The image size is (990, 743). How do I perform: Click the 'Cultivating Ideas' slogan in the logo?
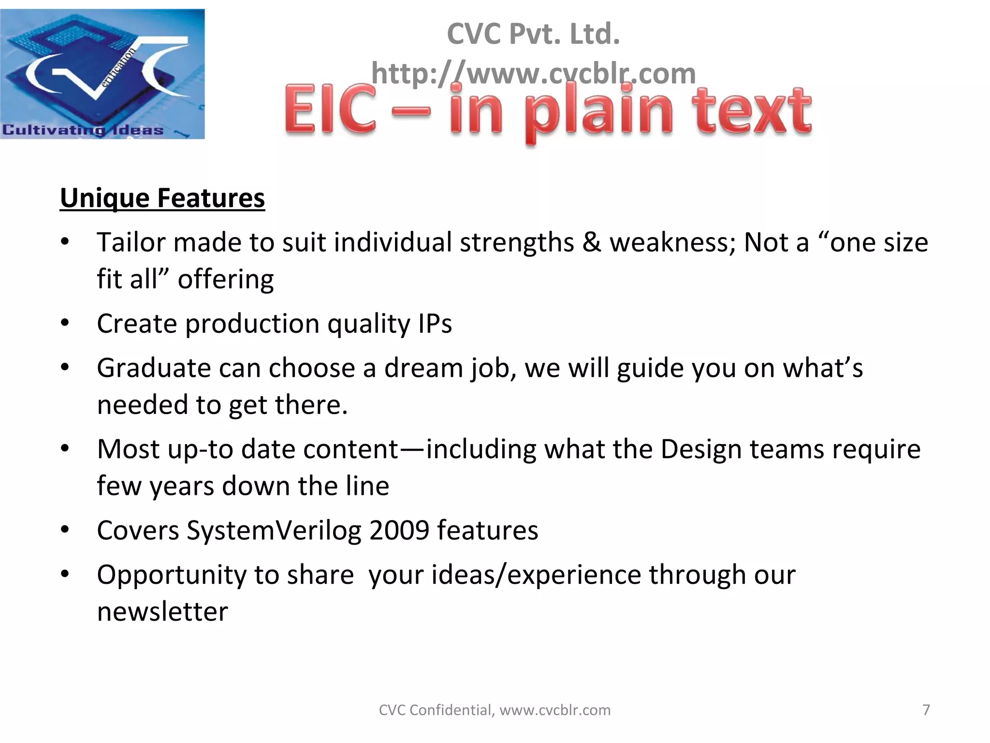83,130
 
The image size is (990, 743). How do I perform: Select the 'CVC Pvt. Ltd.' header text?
533,34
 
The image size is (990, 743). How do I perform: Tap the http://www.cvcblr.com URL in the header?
533,74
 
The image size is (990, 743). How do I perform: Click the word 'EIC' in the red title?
330,110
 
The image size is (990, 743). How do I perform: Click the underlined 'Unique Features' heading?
162,198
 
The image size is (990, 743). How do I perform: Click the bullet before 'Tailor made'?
65,242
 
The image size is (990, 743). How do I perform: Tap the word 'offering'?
226,280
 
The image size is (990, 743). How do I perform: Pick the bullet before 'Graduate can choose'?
65,368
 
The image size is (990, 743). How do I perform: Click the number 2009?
399,530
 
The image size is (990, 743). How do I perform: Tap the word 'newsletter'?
162,612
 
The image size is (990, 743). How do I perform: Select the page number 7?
926,710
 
